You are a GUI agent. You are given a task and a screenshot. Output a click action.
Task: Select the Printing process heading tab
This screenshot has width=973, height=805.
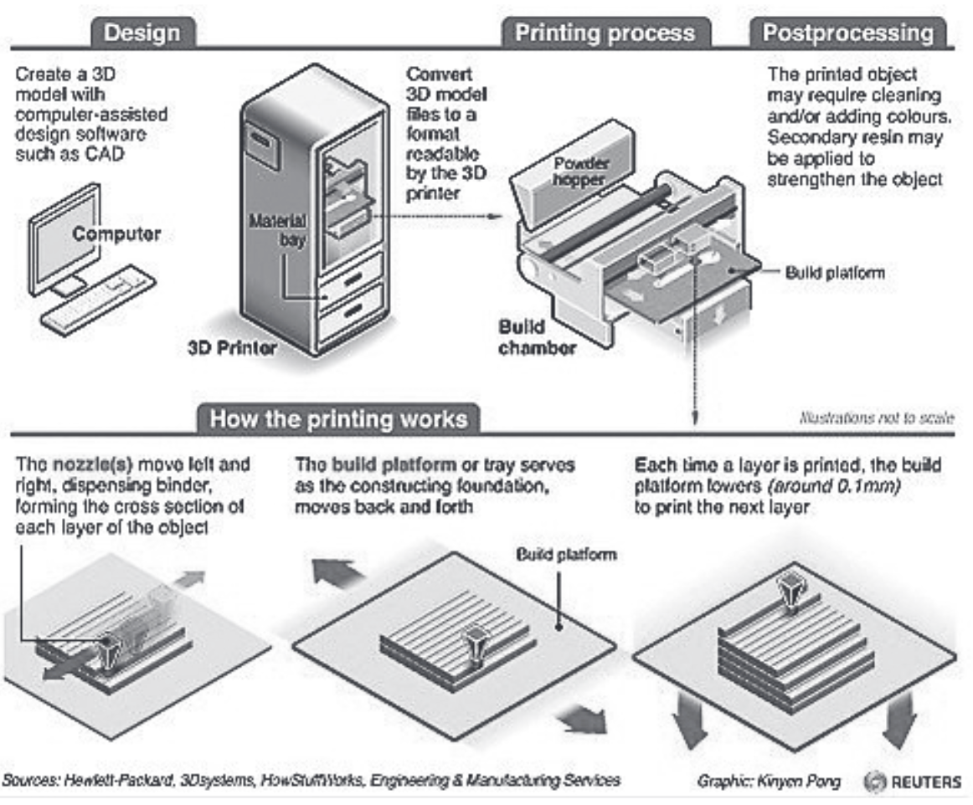coord(604,33)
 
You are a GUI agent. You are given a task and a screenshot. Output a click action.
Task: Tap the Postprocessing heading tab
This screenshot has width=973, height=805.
coord(847,33)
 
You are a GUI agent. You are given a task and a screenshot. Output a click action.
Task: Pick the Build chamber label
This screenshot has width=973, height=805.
coord(537,337)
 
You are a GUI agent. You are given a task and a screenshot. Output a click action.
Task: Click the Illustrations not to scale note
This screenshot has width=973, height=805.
coord(877,417)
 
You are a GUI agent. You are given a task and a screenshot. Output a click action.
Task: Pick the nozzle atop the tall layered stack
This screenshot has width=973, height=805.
coord(790,593)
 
